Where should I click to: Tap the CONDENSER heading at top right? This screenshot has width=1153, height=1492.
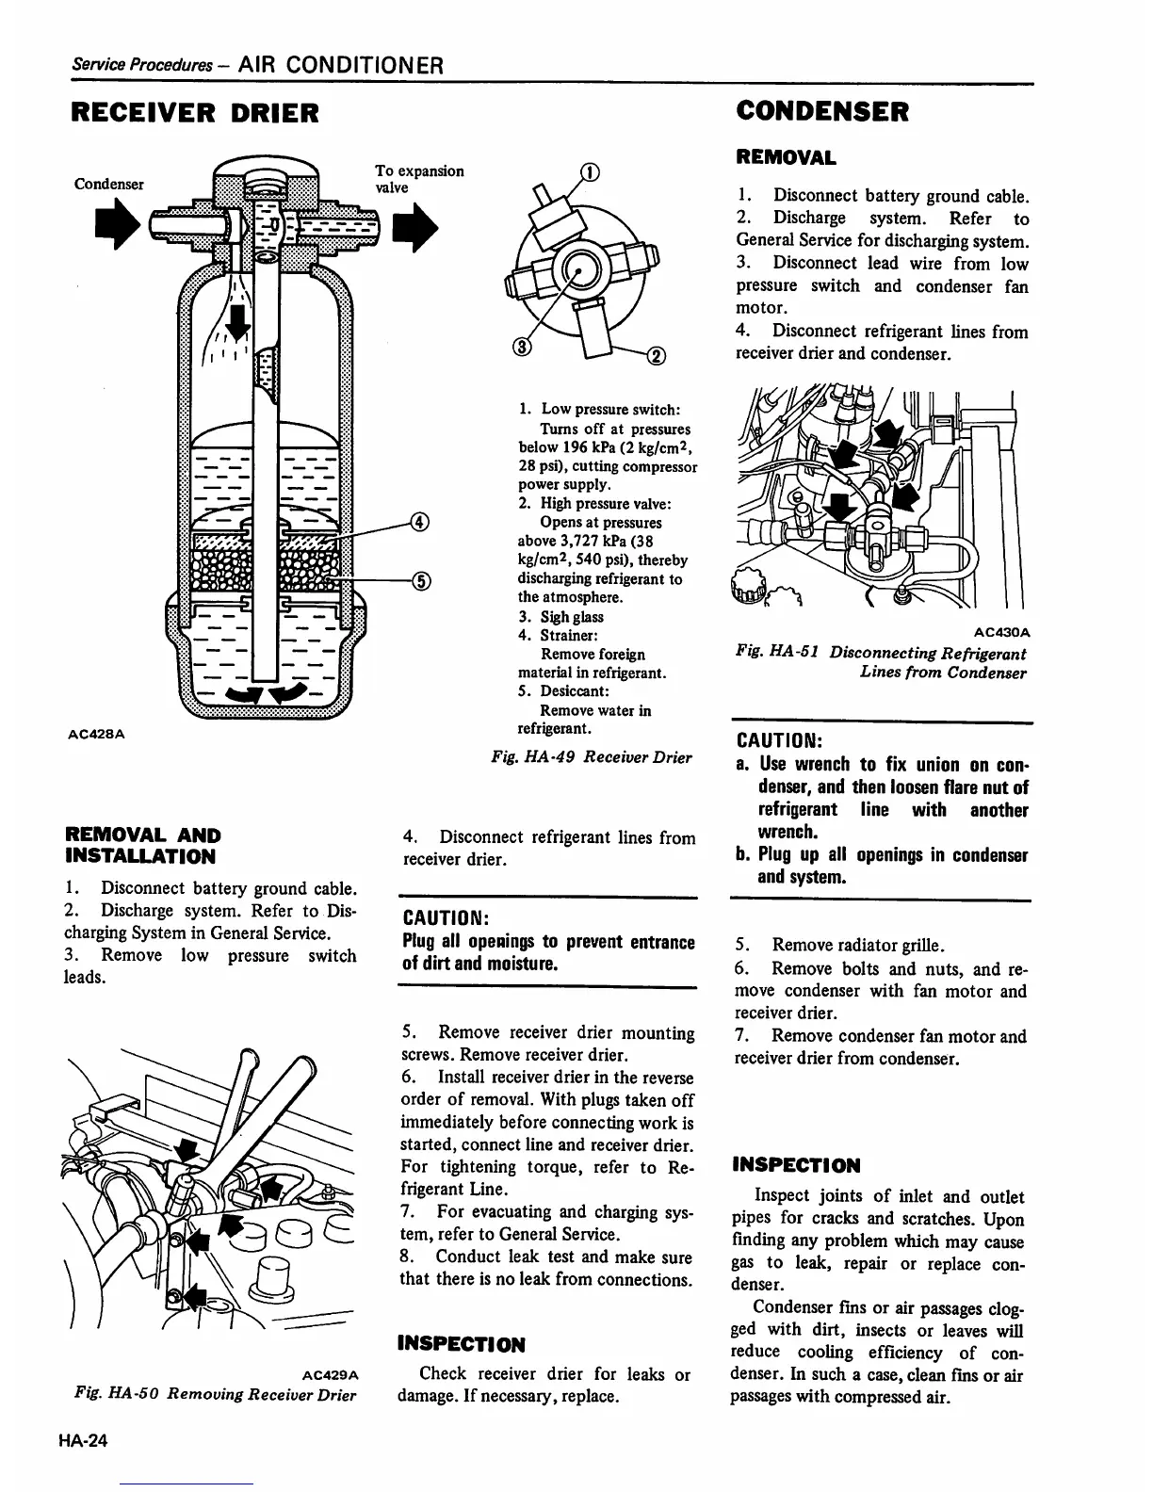(x=822, y=111)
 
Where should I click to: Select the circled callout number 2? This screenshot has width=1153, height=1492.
(x=657, y=355)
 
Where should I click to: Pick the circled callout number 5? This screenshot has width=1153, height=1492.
(x=421, y=579)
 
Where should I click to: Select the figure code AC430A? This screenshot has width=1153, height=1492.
(x=1002, y=632)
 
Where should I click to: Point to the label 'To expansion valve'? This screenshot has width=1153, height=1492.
(x=418, y=179)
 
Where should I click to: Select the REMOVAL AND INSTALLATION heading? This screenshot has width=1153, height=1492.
(x=142, y=846)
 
